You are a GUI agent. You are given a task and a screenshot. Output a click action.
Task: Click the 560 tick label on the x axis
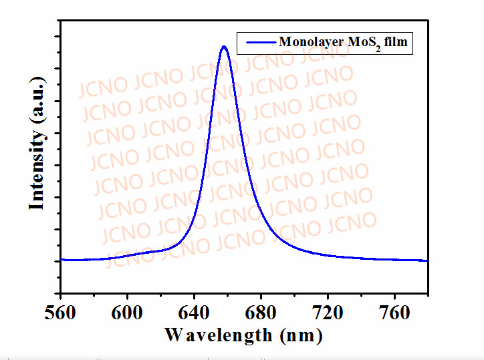pyautogui.click(x=60, y=311)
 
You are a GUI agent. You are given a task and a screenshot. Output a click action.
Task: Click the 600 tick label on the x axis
pyautogui.click(x=127, y=311)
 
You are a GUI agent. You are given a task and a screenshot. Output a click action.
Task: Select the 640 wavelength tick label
pyautogui.click(x=194, y=311)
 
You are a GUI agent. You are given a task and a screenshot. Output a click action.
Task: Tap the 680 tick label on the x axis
pyautogui.click(x=261, y=311)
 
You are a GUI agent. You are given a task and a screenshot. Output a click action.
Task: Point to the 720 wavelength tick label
pyautogui.click(x=328, y=311)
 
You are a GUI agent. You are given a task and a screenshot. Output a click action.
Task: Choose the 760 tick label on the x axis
pyautogui.click(x=394, y=311)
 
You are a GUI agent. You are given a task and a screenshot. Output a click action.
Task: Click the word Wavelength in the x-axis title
pyautogui.click(x=219, y=334)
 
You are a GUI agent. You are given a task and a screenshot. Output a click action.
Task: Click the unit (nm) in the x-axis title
pyautogui.click(x=301, y=334)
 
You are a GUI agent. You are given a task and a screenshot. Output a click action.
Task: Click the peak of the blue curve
pyautogui.click(x=224, y=47)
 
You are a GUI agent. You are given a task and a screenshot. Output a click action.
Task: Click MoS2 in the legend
pyautogui.click(x=362, y=43)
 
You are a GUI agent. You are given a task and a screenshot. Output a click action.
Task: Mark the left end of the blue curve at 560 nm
pyautogui.click(x=62, y=259)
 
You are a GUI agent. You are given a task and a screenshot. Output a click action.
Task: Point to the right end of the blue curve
pyautogui.click(x=427, y=260)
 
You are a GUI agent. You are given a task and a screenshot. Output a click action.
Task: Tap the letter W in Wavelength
pyautogui.click(x=173, y=334)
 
